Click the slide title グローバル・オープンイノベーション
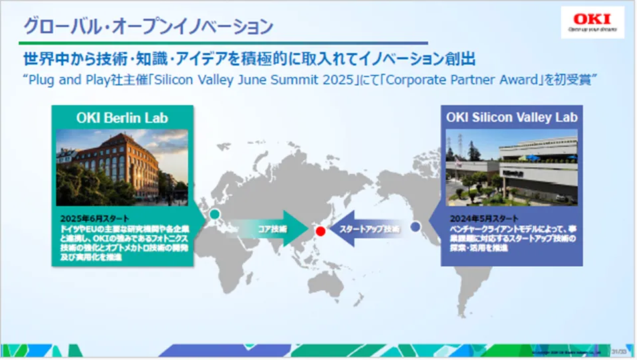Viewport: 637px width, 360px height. [148, 27]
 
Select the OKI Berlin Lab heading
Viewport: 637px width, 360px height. [122, 118]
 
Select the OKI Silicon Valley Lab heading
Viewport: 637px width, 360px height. [511, 117]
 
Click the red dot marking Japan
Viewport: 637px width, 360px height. [320, 232]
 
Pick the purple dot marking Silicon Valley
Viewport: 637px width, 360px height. [416, 227]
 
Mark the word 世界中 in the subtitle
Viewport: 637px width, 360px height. [43, 59]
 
